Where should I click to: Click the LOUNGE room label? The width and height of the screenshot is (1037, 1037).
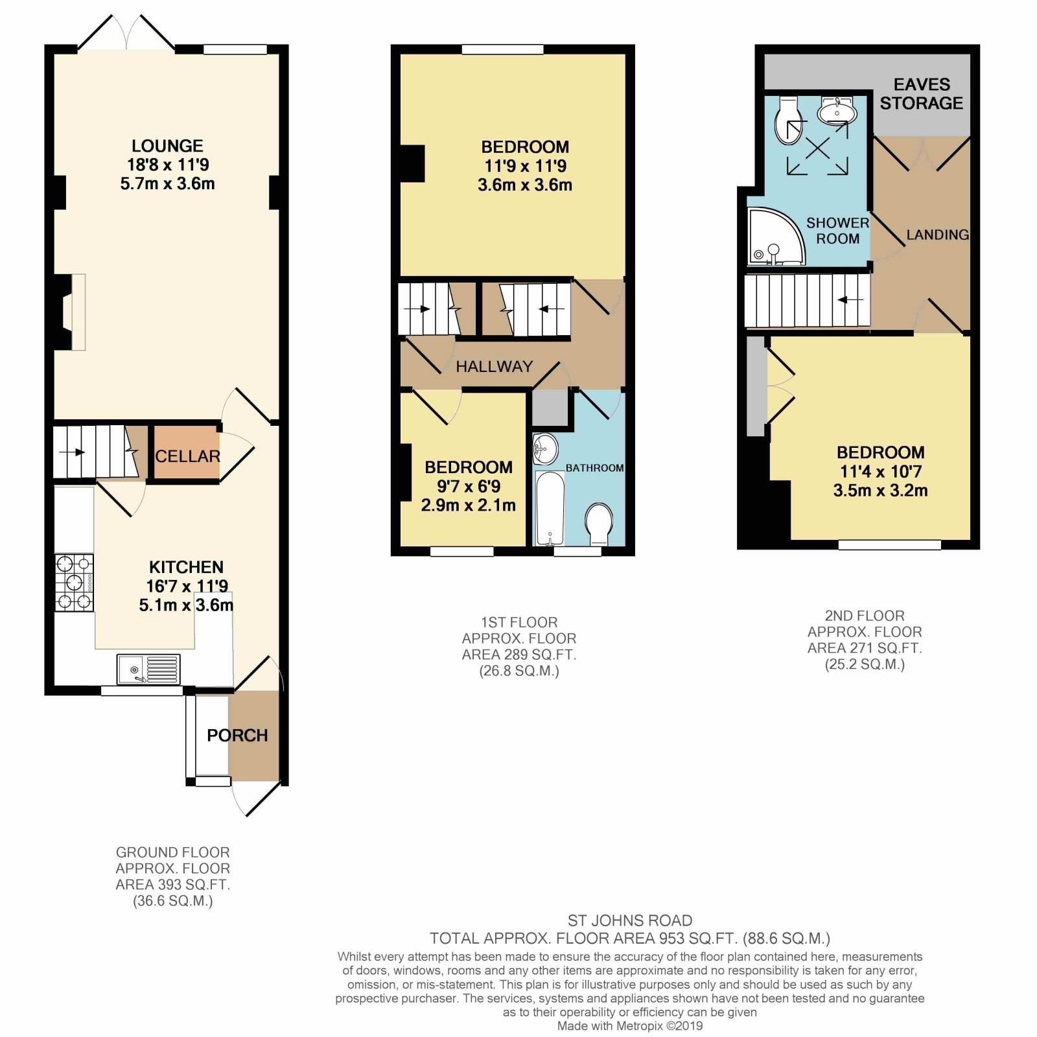click(x=167, y=146)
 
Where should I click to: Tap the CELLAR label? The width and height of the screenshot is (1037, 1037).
click(x=187, y=456)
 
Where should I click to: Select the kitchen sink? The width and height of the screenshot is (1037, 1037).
click(x=148, y=669)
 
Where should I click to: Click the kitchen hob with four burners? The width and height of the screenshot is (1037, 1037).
click(x=74, y=583)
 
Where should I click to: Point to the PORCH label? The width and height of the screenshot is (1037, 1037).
click(x=237, y=736)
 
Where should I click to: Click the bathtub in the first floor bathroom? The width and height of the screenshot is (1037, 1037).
click(x=550, y=509)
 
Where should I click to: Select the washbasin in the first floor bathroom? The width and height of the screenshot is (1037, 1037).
click(x=546, y=449)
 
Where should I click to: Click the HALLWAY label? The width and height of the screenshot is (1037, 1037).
click(x=494, y=367)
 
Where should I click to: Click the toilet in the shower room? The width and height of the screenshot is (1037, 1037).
click(x=789, y=121)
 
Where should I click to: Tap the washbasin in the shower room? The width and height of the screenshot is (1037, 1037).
click(x=837, y=111)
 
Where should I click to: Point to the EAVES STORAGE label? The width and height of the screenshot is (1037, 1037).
click(x=921, y=94)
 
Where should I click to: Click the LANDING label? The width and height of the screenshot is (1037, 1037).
click(x=938, y=235)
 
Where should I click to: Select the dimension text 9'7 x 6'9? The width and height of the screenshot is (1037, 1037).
click(x=469, y=486)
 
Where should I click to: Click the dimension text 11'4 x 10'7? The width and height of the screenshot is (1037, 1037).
click(x=880, y=471)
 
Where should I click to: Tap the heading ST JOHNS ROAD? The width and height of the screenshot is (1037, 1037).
click(x=630, y=920)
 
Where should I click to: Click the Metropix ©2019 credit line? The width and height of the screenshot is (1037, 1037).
click(x=630, y=1026)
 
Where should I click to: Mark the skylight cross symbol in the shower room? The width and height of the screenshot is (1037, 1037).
click(x=817, y=148)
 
